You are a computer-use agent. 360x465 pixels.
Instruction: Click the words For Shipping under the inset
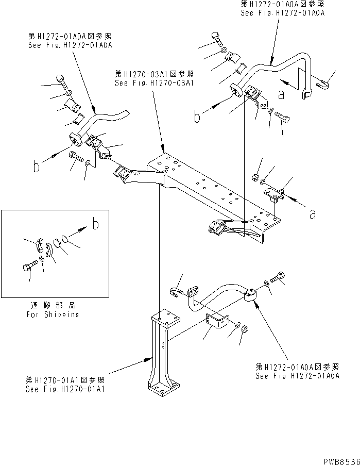(53, 314)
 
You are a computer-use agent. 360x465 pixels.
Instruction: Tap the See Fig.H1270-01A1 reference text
(65, 389)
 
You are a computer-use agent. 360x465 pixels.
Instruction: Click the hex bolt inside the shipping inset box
(29, 268)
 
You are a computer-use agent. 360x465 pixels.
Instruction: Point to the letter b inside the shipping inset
(96, 224)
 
